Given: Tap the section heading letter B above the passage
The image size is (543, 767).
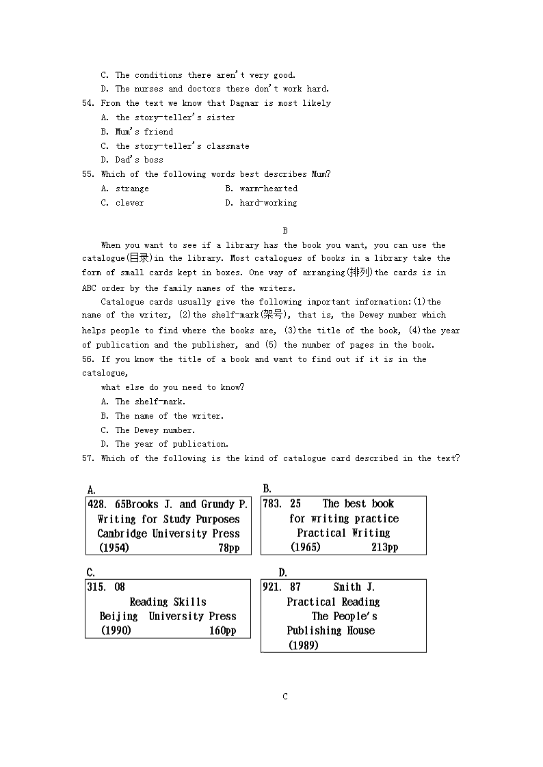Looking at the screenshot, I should pos(285,231).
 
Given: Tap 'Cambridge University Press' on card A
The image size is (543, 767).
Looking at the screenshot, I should pos(168,533).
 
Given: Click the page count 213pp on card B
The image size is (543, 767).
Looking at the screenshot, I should pos(384,547).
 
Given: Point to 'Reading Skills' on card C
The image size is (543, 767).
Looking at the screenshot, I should pos(168,602).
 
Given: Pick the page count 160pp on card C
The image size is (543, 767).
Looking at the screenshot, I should pos(222,630).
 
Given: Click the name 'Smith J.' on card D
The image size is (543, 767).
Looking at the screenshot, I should pos(354,587).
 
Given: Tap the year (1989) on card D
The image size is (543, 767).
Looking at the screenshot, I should pos(303,645).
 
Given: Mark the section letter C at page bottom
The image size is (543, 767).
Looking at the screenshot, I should pos(285,697).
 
